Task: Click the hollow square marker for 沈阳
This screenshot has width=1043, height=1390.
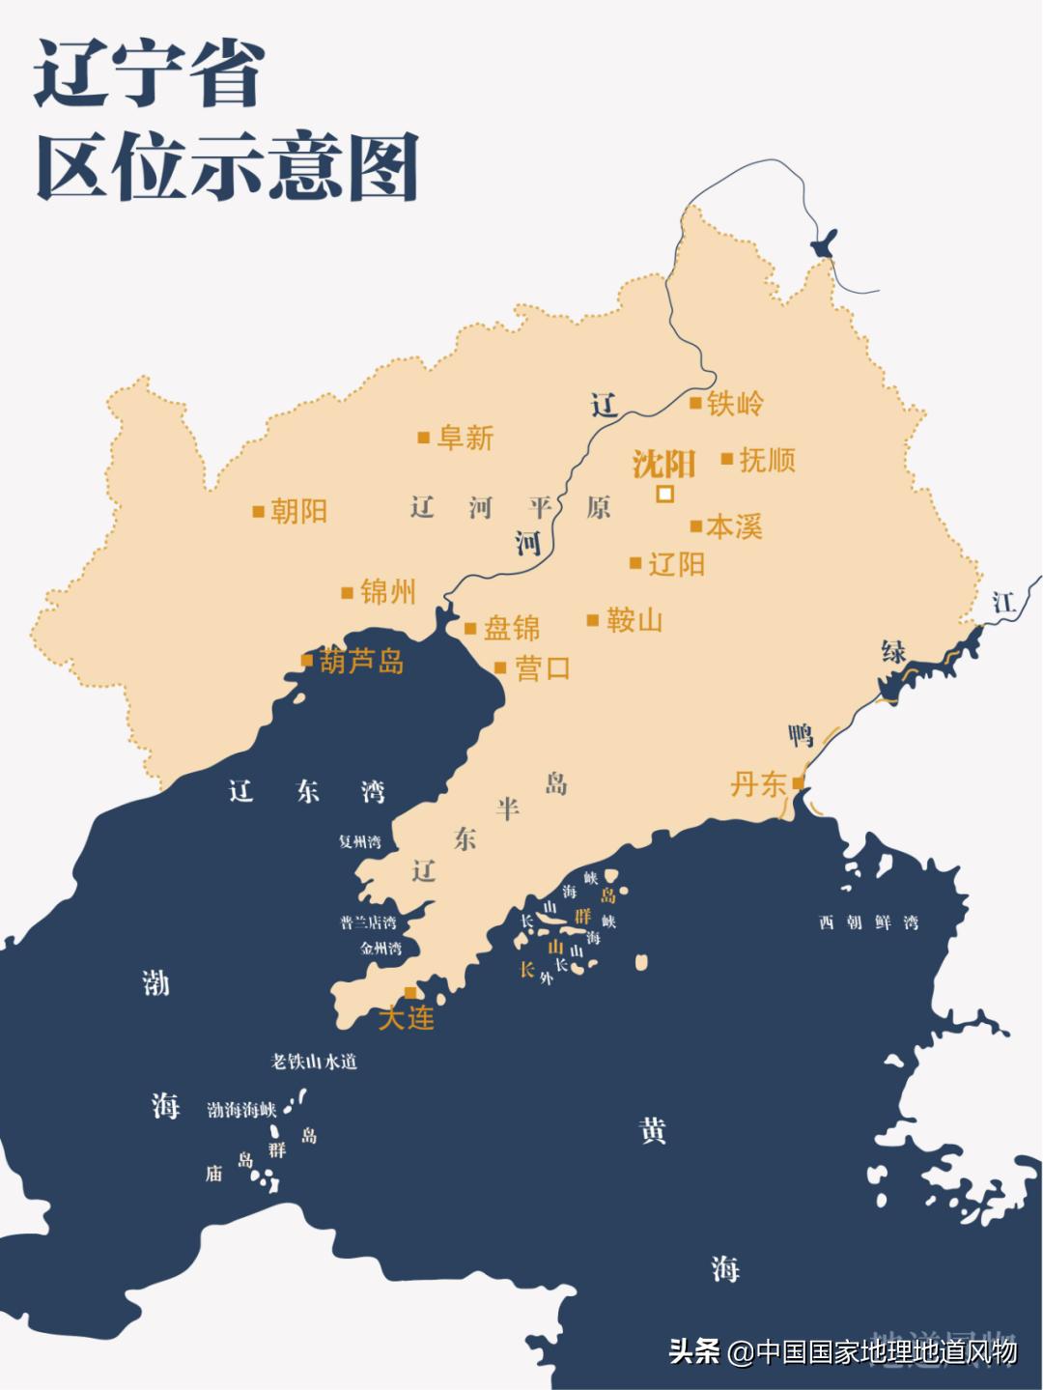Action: (664, 495)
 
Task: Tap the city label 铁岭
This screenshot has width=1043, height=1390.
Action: (735, 404)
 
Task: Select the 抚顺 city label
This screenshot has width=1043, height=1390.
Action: (767, 460)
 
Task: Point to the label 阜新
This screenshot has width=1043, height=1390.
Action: (465, 439)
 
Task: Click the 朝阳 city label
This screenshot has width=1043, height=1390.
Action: (298, 511)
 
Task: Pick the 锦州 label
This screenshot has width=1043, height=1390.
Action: (387, 592)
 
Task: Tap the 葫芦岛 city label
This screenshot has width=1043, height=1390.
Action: (361, 662)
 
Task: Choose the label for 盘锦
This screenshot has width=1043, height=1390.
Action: (511, 629)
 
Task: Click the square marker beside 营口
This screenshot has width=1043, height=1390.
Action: (500, 667)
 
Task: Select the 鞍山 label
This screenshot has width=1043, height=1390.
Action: (634, 620)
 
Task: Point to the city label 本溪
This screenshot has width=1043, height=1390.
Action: (734, 526)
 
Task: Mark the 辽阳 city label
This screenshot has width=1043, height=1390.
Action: (676, 563)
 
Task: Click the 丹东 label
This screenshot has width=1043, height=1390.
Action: (758, 783)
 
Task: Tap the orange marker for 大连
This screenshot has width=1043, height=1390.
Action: (410, 993)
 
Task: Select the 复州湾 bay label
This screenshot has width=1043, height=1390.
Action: (359, 841)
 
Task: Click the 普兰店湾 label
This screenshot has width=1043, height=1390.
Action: (368, 922)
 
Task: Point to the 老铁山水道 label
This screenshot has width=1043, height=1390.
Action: (314, 1062)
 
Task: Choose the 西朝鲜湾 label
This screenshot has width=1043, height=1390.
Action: (868, 922)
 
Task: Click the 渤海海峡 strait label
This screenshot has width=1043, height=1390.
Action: (241, 1110)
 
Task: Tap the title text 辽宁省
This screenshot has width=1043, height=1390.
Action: (150, 74)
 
